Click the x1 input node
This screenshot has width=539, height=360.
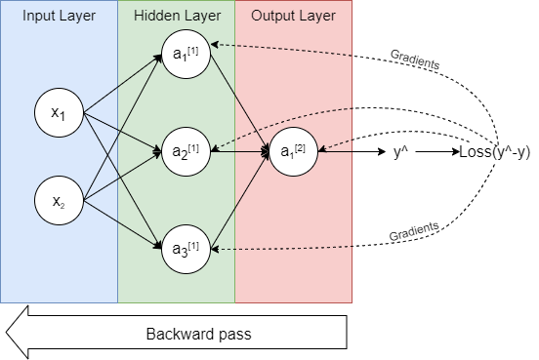[59, 114]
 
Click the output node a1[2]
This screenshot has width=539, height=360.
[294, 151]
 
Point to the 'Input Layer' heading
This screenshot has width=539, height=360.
[58, 17]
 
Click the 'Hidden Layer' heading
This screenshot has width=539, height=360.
[176, 17]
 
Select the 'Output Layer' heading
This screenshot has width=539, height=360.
[292, 17]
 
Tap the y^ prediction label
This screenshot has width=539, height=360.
[401, 152]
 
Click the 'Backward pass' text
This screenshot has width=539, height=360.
[198, 334]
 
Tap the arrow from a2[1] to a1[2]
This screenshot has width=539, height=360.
[239, 151]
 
